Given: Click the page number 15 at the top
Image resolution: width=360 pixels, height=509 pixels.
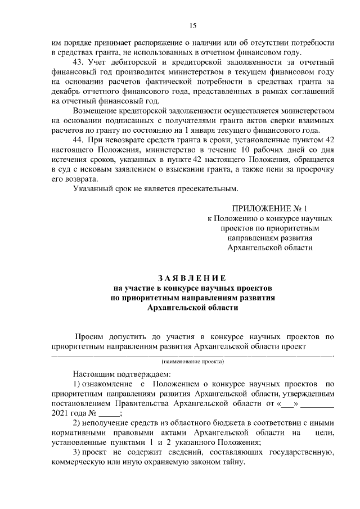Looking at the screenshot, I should (x=192, y=25).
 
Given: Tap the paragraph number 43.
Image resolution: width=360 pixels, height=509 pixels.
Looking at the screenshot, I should (x=79, y=61).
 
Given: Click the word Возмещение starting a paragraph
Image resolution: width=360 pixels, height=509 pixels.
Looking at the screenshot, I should (x=97, y=110).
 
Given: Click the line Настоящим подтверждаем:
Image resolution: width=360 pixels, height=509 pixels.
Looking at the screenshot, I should (x=120, y=374).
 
